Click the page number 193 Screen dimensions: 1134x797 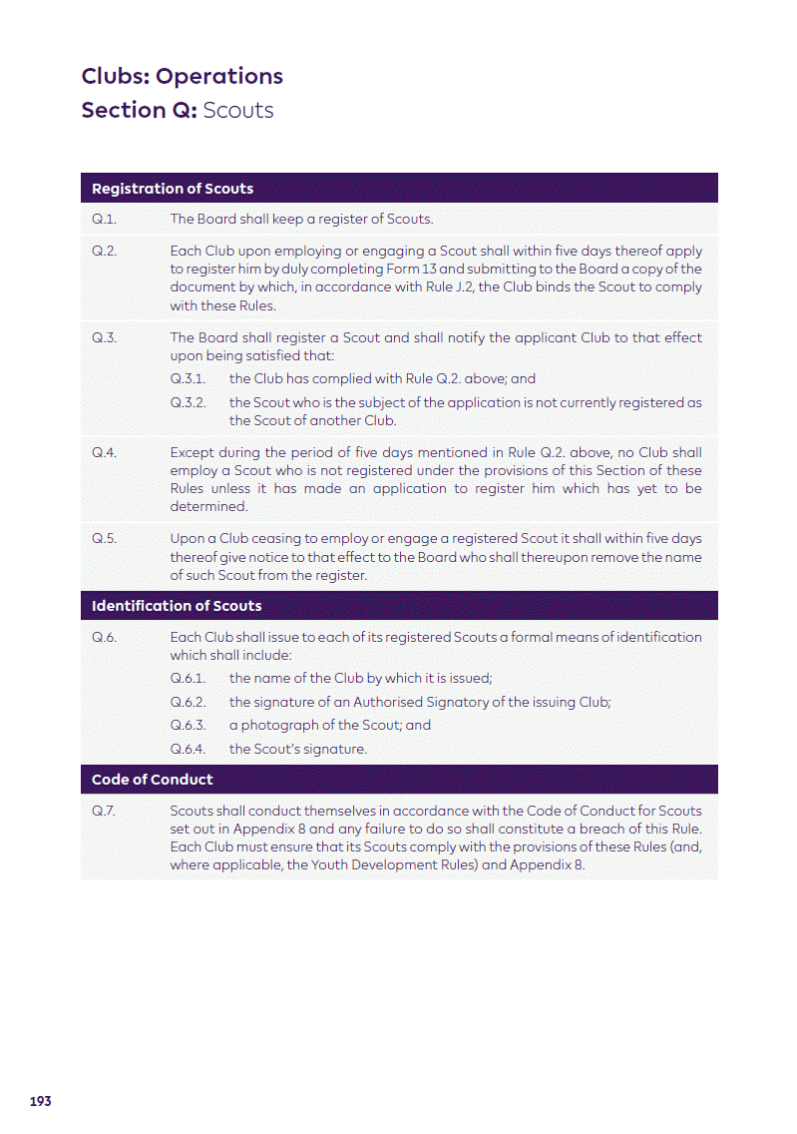click(41, 1101)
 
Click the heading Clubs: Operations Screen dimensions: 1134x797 click(182, 77)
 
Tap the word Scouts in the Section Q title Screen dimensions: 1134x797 click(238, 110)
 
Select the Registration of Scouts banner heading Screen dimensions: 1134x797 click(173, 189)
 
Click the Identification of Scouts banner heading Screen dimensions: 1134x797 click(177, 606)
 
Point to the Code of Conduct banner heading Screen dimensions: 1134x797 click(152, 780)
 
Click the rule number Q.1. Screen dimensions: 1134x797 click(104, 220)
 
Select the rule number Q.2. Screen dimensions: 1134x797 click(105, 251)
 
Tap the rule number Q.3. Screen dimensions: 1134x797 click(105, 337)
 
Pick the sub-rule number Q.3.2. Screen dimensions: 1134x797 click(188, 402)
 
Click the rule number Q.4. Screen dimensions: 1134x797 click(105, 452)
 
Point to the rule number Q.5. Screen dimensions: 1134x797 click(105, 539)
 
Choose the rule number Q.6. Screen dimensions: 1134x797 click(105, 637)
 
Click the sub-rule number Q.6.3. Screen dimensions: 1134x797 click(188, 726)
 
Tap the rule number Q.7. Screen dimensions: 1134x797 click(104, 811)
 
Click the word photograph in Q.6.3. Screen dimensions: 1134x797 click(277, 726)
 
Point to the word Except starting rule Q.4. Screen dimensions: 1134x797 click(193, 452)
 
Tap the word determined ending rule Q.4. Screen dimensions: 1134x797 click(208, 506)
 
